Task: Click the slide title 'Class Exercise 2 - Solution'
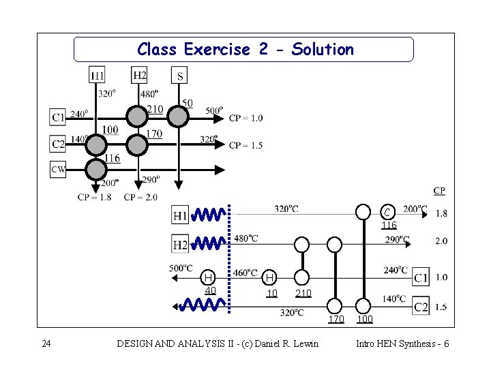pyautogui.click(x=245, y=50)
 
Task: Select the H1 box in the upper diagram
pyautogui.click(x=97, y=75)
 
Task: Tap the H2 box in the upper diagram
pyautogui.click(x=139, y=75)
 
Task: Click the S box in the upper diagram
pyautogui.click(x=179, y=75)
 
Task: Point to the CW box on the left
pyautogui.click(x=58, y=169)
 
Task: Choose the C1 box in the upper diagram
pyautogui.click(x=59, y=118)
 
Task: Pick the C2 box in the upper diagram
pyautogui.click(x=59, y=144)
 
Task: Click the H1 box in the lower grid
pyautogui.click(x=180, y=215)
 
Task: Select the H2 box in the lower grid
pyautogui.click(x=180, y=244)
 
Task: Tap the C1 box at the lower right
pyautogui.click(x=421, y=277)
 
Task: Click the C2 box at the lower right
pyautogui.click(x=421, y=307)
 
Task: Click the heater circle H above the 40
pyautogui.click(x=209, y=277)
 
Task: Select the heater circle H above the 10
pyautogui.click(x=271, y=277)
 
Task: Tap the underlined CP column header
pyautogui.click(x=440, y=191)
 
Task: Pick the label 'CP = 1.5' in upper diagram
pyautogui.click(x=245, y=145)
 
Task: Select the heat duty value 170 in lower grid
pyautogui.click(x=336, y=320)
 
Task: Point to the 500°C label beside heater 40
pyautogui.click(x=181, y=268)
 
